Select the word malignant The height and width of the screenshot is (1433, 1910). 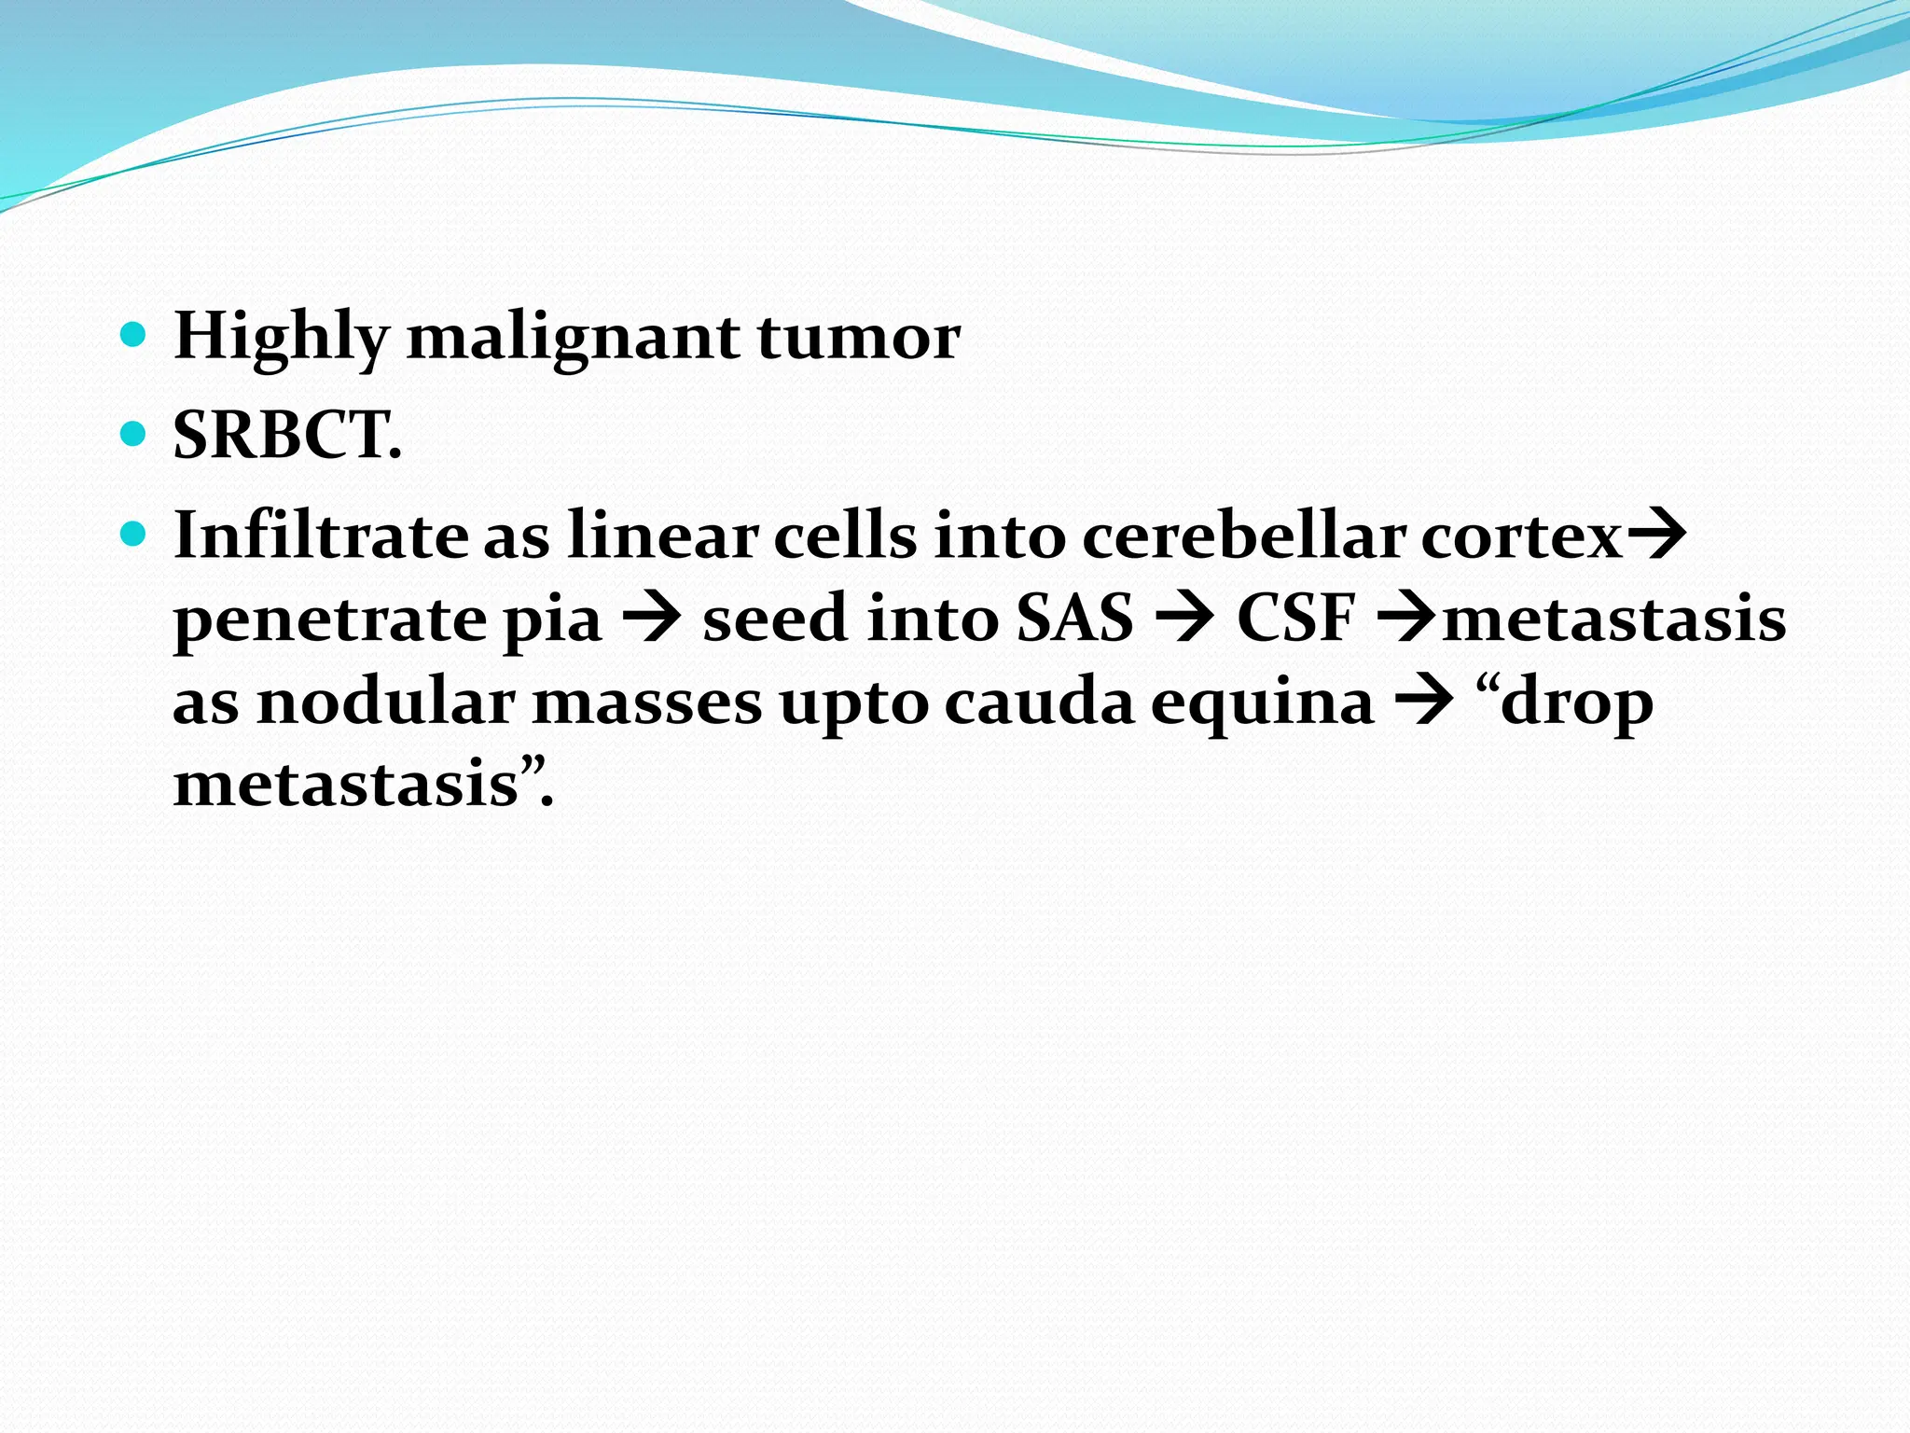coord(574,338)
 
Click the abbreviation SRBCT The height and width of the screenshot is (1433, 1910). coord(286,437)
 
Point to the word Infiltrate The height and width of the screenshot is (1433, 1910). coord(320,536)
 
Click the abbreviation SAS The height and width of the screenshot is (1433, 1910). coord(1074,619)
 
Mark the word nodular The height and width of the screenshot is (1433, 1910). coord(385,702)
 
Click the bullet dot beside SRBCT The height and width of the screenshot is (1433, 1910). coord(134,434)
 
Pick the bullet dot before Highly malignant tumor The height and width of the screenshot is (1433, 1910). coord(134,334)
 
